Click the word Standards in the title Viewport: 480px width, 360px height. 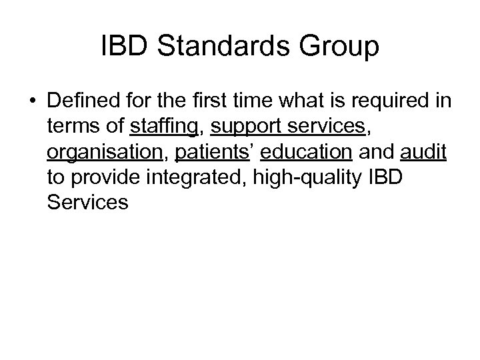click(221, 47)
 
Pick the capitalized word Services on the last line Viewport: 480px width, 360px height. click(87, 202)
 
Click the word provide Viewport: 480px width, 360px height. click(99, 178)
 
